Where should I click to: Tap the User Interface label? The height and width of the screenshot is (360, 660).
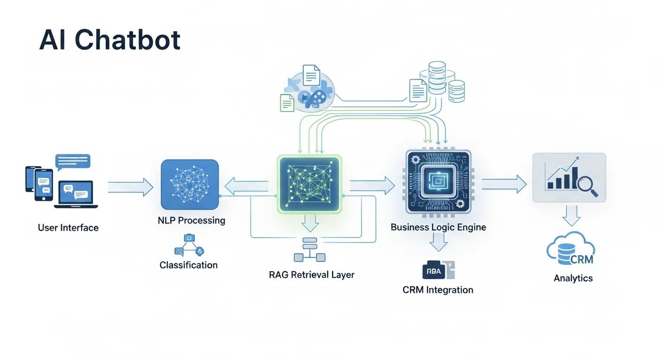[x=68, y=228]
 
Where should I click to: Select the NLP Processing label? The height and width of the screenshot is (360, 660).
[x=191, y=220]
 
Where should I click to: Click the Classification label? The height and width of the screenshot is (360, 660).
[x=188, y=265]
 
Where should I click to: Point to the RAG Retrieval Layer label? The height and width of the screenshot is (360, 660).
[x=311, y=275]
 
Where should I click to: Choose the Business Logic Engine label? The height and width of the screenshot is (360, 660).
[x=438, y=227]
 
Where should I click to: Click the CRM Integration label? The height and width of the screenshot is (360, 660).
[x=437, y=290]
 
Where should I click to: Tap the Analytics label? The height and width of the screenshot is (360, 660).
[x=573, y=278]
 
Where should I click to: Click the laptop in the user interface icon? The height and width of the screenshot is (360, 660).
[x=76, y=195]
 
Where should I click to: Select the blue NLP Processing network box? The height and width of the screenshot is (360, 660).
[x=190, y=184]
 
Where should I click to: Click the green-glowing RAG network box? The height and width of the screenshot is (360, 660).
[x=309, y=184]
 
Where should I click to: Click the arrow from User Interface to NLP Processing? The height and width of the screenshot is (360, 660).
[x=130, y=187]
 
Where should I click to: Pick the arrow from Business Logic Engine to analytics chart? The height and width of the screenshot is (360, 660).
[x=504, y=184]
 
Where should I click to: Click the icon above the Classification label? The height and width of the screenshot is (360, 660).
[x=189, y=245]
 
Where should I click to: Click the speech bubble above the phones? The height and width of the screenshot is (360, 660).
[x=73, y=162]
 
